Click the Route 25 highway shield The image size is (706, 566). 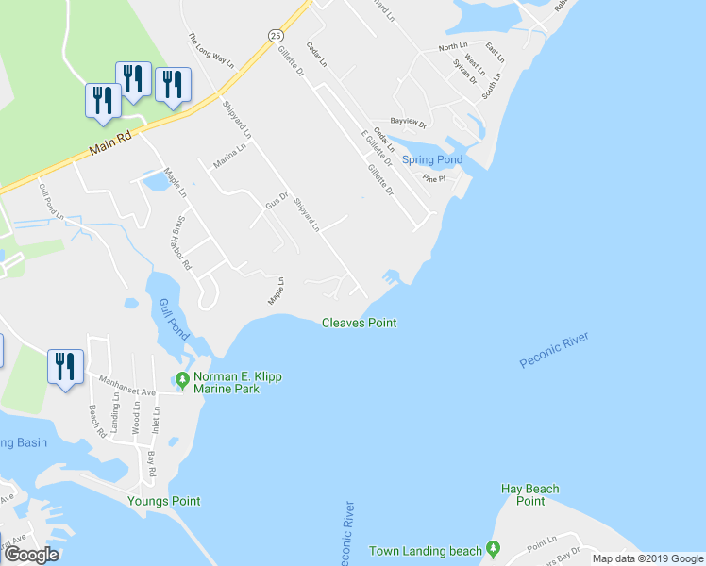pos(275,35)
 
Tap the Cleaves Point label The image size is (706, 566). pos(359,323)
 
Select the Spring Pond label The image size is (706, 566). pos(432,160)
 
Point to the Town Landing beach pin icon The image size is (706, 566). pos(492,550)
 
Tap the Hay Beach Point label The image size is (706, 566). pos(530,494)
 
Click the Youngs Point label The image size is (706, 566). pos(164,501)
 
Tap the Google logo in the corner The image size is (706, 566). pos(31,555)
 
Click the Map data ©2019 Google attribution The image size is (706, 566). pos(647,558)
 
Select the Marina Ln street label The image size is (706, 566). pos(229,155)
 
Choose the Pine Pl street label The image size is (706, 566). pos(433,178)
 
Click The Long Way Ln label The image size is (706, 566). pos(210,50)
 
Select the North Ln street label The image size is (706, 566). pos(452,47)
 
